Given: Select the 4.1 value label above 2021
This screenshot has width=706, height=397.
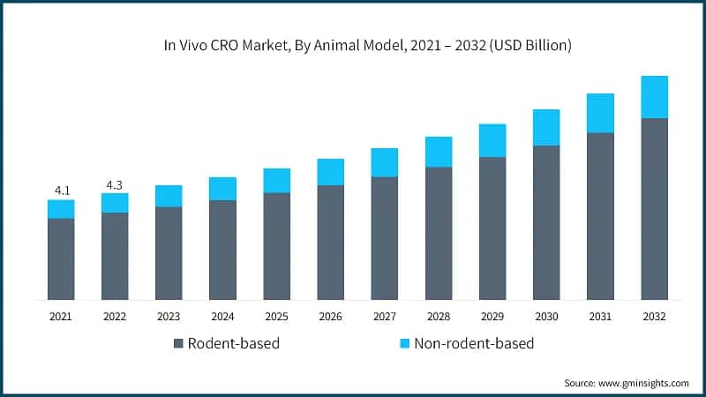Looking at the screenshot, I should [61, 190].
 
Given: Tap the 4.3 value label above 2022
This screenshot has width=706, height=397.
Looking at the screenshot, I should [115, 184].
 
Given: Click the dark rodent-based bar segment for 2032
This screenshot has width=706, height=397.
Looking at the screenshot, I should [654, 208].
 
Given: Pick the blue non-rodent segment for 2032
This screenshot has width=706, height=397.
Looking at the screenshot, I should [654, 97].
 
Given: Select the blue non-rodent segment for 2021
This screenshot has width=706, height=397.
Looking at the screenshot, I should [61, 209].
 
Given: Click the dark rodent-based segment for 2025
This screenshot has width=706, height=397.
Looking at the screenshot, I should [276, 245].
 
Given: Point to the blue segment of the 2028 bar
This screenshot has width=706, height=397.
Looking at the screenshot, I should [439, 152].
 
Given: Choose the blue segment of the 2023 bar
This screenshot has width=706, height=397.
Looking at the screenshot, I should [169, 196].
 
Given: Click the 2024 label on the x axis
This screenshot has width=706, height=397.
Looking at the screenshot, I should [222, 316].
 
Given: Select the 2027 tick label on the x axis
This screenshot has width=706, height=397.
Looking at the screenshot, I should [384, 316].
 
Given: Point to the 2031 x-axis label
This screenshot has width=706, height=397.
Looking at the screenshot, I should [600, 316].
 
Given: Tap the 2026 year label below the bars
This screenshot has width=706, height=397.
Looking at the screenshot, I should [330, 316].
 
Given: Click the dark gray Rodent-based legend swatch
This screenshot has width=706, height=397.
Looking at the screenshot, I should [179, 343].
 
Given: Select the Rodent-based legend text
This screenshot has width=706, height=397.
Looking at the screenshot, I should [235, 343].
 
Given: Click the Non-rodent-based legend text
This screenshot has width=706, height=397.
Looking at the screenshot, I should [473, 343].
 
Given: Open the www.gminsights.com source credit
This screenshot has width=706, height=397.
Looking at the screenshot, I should [627, 383].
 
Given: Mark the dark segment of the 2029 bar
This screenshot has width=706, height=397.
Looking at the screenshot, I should [492, 228].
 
